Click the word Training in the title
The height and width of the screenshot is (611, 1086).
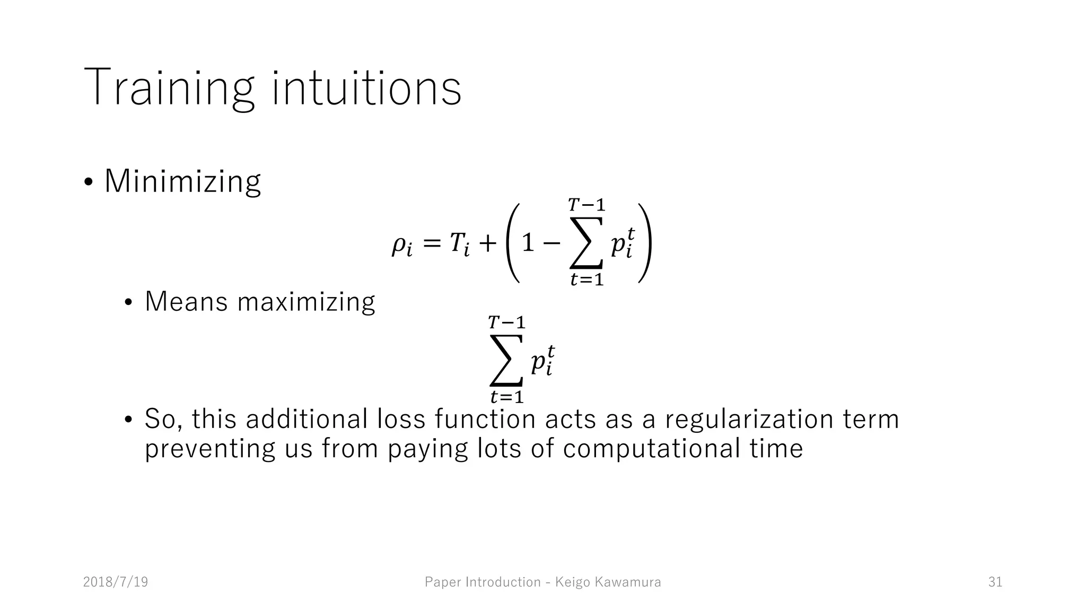tap(169, 88)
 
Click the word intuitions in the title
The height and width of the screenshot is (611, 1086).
tap(366, 88)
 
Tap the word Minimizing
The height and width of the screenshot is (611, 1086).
tap(182, 181)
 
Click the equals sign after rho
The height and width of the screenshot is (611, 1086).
tap(432, 243)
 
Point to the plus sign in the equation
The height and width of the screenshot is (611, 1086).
tap(487, 243)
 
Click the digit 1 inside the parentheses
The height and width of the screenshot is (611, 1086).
tap(527, 243)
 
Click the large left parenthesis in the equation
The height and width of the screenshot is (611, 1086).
tap(511, 243)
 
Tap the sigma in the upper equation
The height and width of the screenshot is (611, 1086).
tap(586, 243)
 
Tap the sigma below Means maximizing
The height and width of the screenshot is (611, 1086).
tap(506, 361)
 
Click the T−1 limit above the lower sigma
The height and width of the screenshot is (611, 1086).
tap(506, 322)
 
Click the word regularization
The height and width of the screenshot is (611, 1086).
tap(749, 419)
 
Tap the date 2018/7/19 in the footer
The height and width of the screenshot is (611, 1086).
tap(116, 582)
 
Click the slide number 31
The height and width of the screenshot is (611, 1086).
tap(995, 582)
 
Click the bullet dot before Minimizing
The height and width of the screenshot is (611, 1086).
tap(89, 182)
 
